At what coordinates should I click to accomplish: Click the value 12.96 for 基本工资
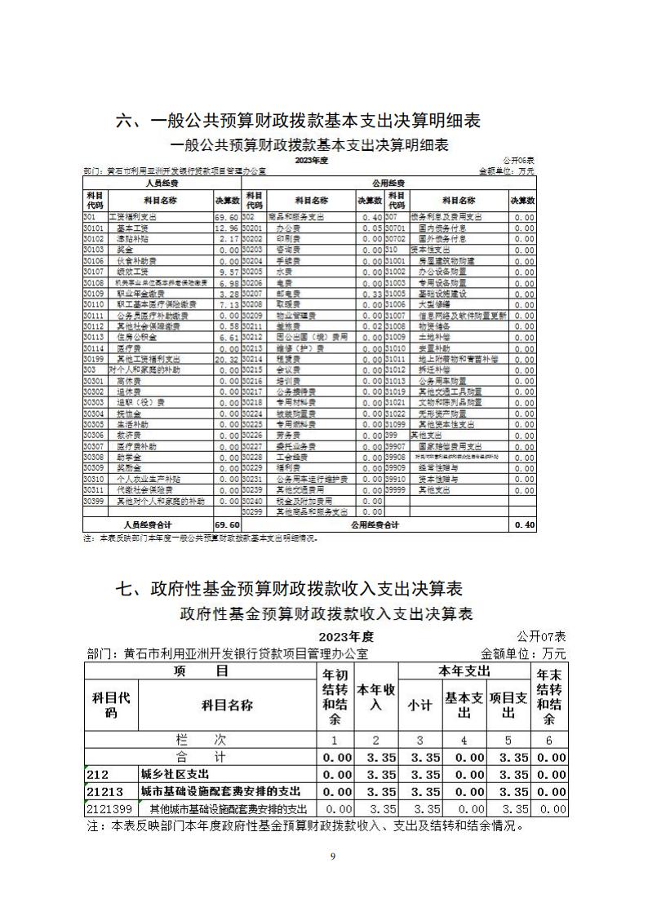tap(226, 229)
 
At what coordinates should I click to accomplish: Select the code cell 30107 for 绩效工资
tap(95, 271)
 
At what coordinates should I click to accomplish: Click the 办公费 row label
tap(287, 229)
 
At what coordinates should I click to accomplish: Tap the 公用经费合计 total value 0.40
tap(523, 525)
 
